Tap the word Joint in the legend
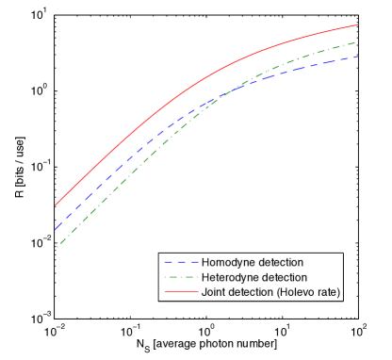pyautogui.click(x=214, y=292)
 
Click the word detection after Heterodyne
pyautogui.click(x=284, y=277)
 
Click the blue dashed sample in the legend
pyautogui.click(x=179, y=262)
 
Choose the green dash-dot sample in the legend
pyautogui.click(x=179, y=277)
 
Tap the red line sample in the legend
pyautogui.click(x=179, y=292)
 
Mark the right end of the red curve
pyautogui.click(x=357, y=25)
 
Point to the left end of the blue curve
pyautogui.click(x=55, y=229)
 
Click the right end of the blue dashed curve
pyautogui.click(x=357, y=57)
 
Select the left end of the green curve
pyautogui.click(x=55, y=249)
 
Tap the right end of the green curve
pyautogui.click(x=357, y=42)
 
